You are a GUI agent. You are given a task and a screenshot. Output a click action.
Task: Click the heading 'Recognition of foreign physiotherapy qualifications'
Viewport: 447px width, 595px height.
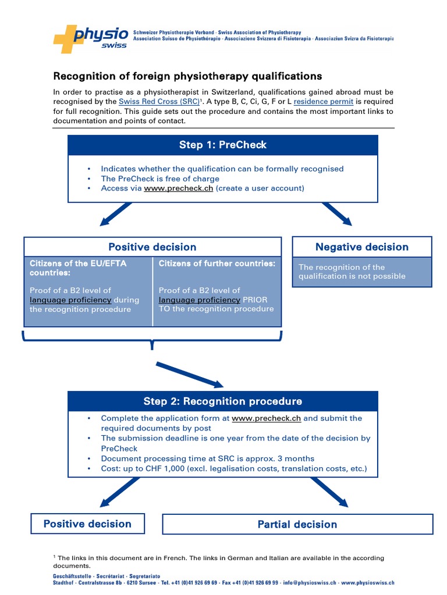[187, 76]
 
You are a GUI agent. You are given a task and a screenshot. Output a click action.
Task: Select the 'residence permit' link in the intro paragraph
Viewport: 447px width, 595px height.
[323, 101]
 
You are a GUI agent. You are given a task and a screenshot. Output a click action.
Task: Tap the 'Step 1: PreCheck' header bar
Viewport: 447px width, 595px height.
[223, 145]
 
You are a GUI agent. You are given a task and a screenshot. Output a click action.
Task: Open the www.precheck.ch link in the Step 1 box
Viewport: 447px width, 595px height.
[178, 188]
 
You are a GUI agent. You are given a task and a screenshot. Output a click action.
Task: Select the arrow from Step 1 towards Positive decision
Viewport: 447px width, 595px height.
[116, 214]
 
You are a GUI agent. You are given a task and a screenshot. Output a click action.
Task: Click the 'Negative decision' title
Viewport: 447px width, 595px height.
[361, 247]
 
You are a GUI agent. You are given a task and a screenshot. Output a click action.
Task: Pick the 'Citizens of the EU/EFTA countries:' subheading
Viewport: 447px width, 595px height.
[78, 268]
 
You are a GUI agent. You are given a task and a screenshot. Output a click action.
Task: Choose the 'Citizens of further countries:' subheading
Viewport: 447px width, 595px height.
[217, 264]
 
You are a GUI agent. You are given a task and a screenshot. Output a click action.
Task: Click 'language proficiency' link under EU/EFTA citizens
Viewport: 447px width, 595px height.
[70, 300]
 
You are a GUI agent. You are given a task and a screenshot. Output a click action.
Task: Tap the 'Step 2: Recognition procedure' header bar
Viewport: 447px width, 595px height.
[223, 402]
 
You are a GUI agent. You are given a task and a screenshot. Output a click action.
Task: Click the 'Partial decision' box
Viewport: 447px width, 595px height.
[297, 524]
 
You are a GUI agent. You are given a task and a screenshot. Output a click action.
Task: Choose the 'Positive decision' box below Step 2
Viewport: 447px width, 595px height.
[87, 524]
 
